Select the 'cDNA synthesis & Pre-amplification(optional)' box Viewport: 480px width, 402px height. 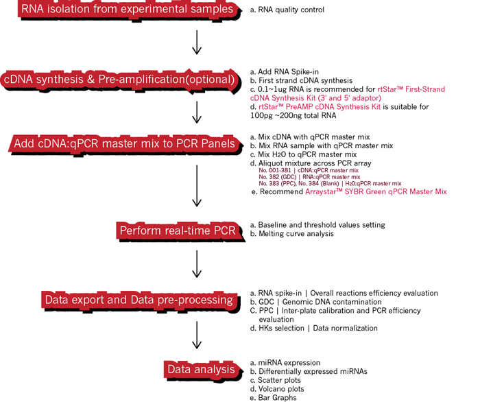[x=120, y=80]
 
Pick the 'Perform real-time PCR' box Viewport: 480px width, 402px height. [x=178, y=230]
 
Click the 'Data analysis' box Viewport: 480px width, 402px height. [x=201, y=370]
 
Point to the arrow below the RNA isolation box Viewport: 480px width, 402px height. [x=197, y=43]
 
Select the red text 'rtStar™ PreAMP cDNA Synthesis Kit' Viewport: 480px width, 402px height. [x=320, y=107]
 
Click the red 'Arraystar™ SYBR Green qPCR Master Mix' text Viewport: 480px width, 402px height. [x=375, y=192]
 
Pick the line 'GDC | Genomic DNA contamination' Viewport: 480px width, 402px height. [x=315, y=302]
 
